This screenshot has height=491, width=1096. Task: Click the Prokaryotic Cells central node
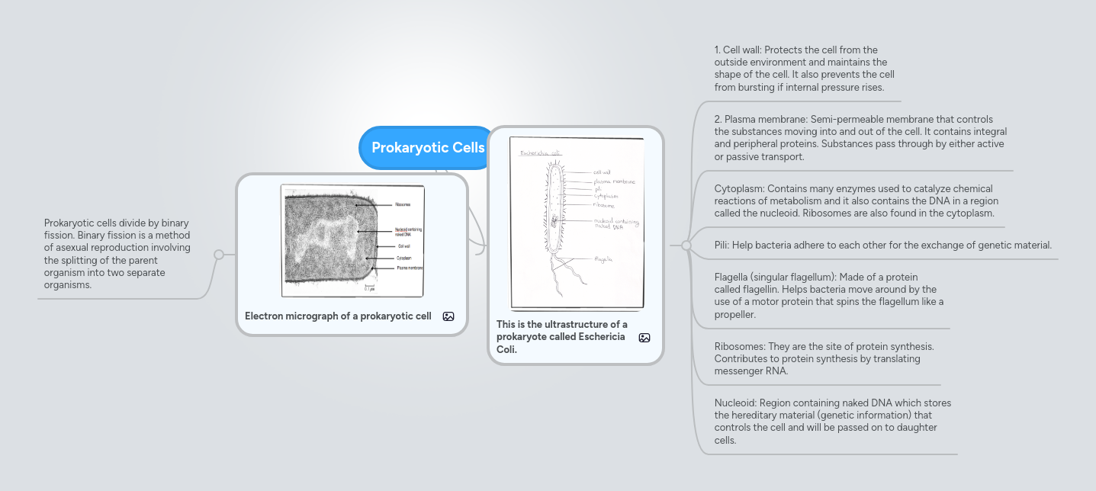(427, 148)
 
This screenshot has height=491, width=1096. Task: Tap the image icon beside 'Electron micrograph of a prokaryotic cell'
(448, 316)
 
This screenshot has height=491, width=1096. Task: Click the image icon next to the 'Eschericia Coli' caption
(644, 338)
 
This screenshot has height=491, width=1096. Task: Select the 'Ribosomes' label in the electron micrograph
(403, 205)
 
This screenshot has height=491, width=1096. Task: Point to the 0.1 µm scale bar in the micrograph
(369, 287)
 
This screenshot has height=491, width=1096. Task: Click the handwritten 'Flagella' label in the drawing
(603, 259)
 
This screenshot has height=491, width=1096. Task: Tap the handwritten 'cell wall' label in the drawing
(602, 172)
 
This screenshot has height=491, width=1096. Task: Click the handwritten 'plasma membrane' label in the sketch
(614, 181)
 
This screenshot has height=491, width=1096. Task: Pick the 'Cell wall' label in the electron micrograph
(404, 246)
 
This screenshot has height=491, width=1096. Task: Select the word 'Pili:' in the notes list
(725, 245)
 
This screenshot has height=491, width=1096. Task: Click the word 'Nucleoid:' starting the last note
(736, 403)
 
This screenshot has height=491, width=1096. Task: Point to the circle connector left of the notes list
(686, 245)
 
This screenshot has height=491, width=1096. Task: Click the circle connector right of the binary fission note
(219, 255)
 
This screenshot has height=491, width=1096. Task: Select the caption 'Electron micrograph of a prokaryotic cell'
(338, 316)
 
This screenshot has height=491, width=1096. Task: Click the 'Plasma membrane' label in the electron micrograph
(410, 268)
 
